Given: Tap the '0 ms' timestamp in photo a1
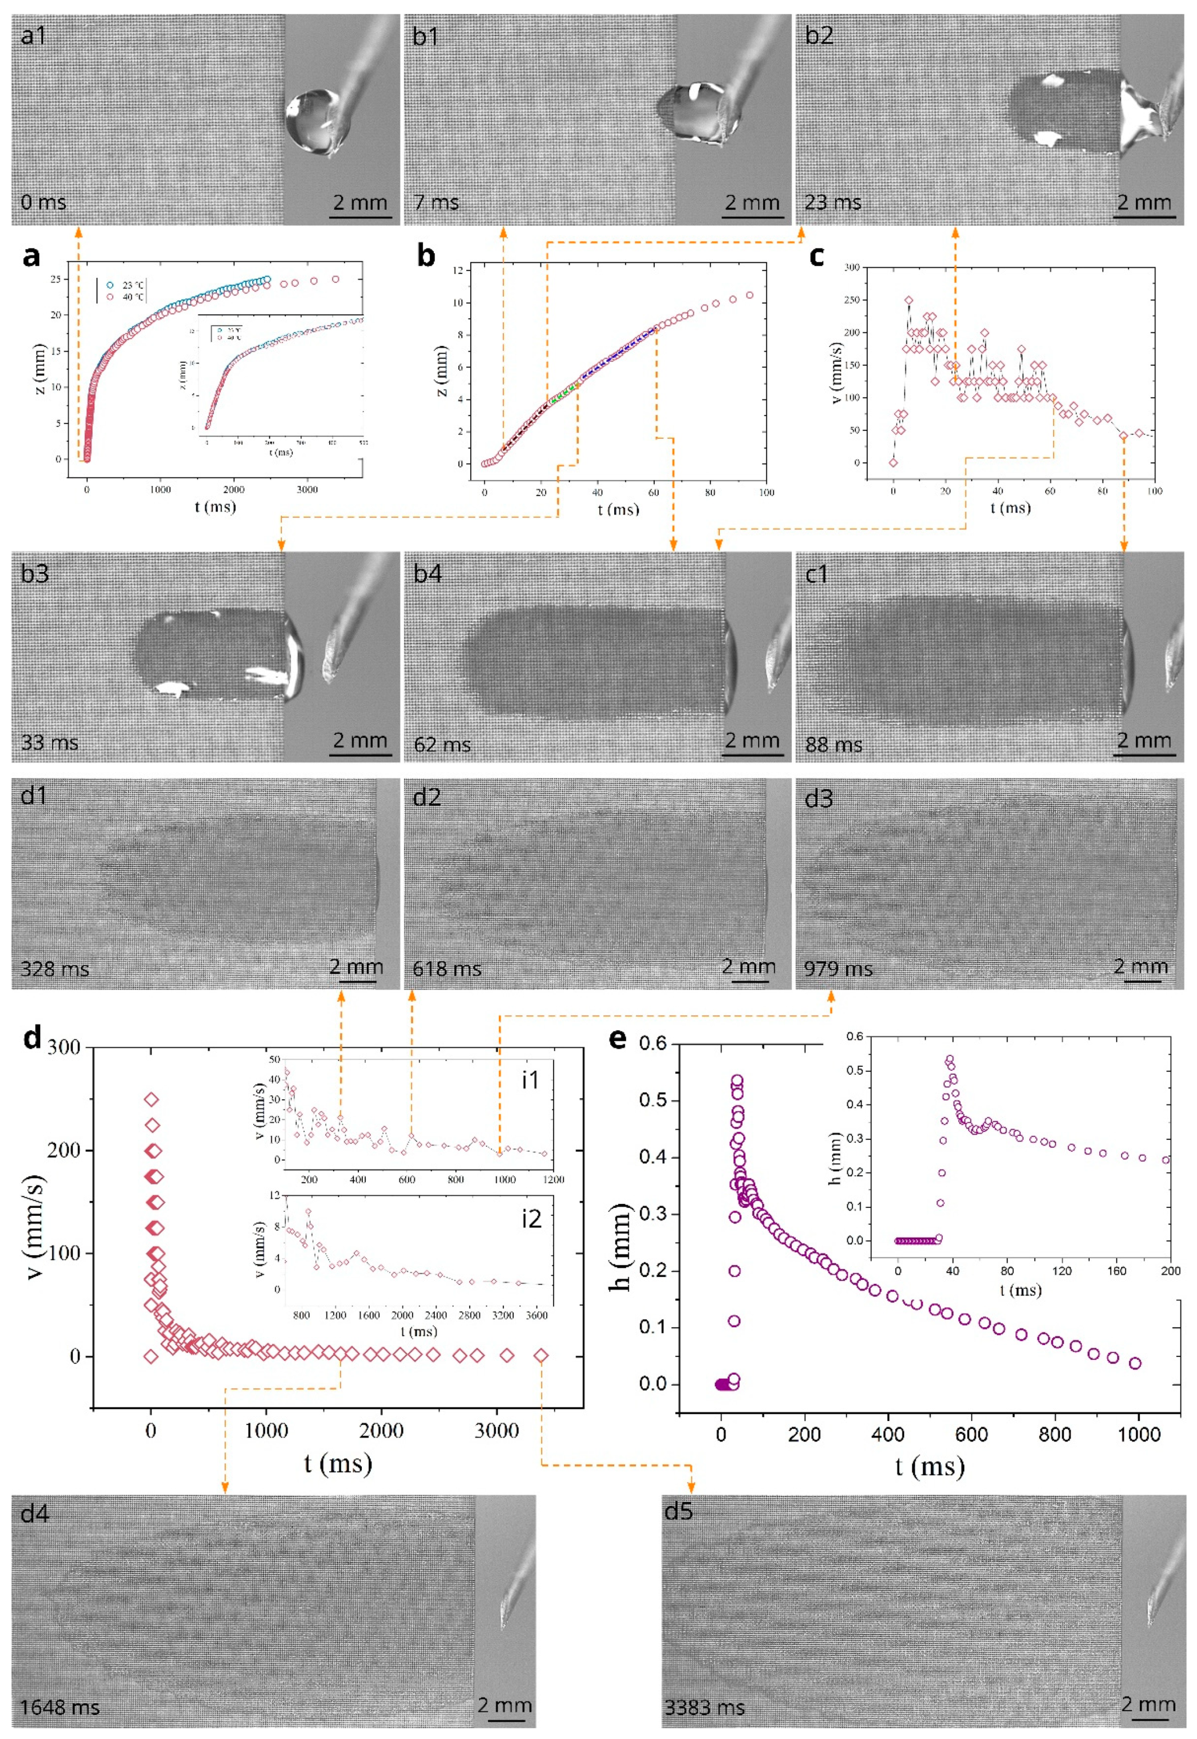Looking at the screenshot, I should [x=43, y=202].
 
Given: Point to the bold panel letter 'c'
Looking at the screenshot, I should [x=817, y=256].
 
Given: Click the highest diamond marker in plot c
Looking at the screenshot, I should [x=908, y=300].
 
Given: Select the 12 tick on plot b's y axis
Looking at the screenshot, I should [x=457, y=270].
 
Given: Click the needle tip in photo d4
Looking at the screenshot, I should [x=504, y=1626].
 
